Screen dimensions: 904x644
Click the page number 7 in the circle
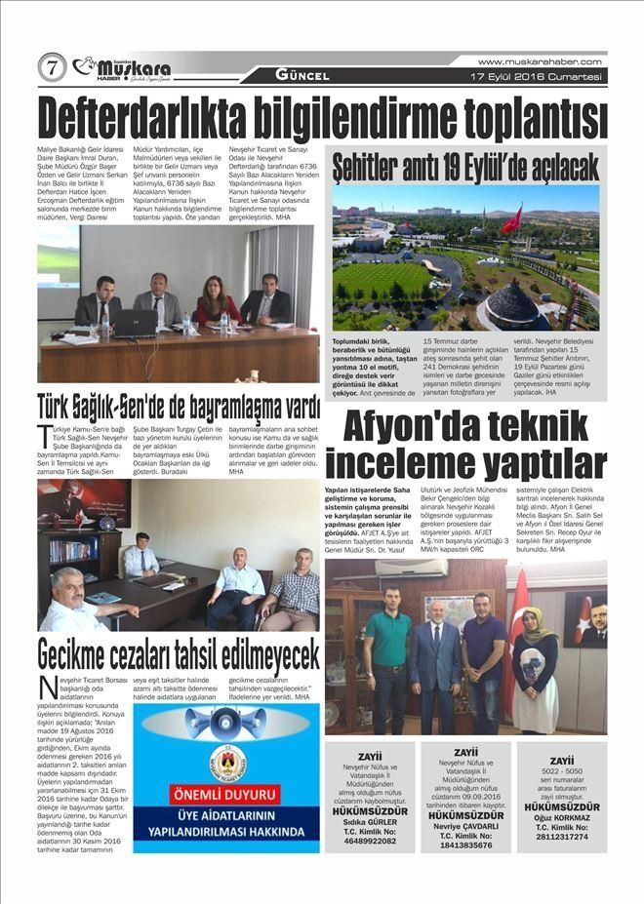[x=52, y=67]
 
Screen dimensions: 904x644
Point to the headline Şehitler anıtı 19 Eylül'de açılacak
[x=465, y=167]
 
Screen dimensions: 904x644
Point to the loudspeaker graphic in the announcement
[x=225, y=724]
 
